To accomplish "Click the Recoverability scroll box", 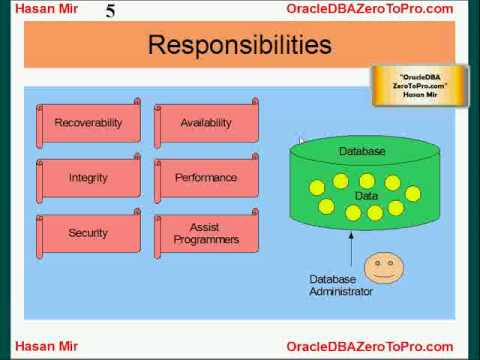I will pos(88,123).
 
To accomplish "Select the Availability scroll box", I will pos(206,123).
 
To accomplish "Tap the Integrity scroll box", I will pos(88,178).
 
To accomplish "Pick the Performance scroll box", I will pos(206,178).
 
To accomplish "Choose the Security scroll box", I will pos(88,233).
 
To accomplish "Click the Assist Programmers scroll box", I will pos(206,233).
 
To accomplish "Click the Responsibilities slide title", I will pos(239,45).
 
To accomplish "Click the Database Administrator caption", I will pos(341,285).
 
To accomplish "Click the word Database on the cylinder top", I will pos(361,151).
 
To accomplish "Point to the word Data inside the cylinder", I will pos(366,196).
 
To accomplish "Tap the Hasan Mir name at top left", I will pos(35,9).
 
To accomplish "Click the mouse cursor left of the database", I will pos(300,142).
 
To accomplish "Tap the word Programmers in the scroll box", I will pos(206,240).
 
